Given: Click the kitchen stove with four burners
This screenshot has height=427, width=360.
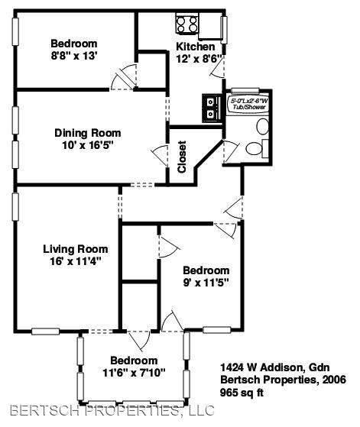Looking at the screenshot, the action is (x=187, y=24).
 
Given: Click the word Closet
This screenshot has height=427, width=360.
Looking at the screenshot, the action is (x=182, y=157).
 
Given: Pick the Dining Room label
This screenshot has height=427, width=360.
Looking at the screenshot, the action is (x=88, y=133).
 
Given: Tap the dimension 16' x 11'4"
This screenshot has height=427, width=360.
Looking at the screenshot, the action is (x=76, y=262).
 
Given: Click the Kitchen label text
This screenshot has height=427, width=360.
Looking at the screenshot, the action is (x=196, y=47).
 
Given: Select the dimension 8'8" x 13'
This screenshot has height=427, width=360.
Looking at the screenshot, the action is (x=74, y=56).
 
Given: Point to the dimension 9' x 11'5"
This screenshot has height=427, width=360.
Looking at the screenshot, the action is (x=206, y=283).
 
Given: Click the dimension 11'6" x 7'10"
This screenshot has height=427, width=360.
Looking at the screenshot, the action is (x=134, y=373).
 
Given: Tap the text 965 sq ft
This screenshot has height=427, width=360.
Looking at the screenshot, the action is (x=242, y=393).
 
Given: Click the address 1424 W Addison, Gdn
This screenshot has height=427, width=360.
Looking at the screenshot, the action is (x=275, y=367).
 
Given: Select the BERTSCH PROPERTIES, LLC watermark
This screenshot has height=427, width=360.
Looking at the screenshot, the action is (x=112, y=411).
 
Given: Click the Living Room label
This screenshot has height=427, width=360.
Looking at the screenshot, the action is (x=76, y=249).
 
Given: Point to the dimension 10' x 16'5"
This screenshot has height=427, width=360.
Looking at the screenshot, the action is (x=88, y=145).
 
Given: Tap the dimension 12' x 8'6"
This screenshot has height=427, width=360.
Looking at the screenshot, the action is (x=200, y=59).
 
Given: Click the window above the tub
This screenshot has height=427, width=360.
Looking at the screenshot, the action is (x=245, y=91).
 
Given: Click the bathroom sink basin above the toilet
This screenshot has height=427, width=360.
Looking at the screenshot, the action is (x=263, y=126).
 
